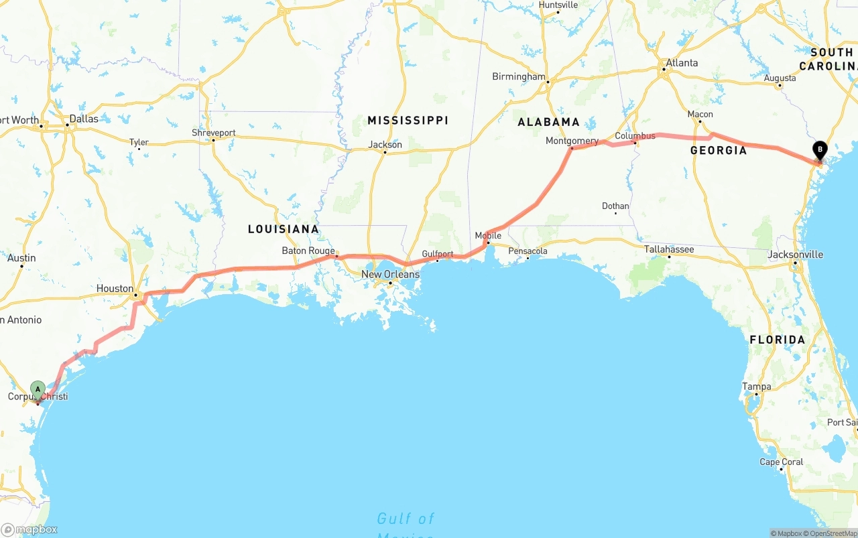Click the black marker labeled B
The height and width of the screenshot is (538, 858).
(x=819, y=150)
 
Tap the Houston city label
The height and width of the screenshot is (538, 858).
(x=115, y=289)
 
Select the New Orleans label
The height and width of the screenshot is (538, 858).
(x=390, y=275)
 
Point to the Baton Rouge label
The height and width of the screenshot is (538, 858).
(x=308, y=251)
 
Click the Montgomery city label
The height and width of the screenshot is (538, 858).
(x=572, y=141)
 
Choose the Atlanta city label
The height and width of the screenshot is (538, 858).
(x=681, y=63)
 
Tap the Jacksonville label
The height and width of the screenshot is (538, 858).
(x=795, y=255)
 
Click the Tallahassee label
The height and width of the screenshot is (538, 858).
(x=669, y=249)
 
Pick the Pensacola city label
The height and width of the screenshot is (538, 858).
(x=528, y=251)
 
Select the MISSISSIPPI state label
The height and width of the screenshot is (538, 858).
(x=408, y=121)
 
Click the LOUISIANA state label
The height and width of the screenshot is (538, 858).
(x=283, y=229)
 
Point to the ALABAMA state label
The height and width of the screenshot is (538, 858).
(x=548, y=122)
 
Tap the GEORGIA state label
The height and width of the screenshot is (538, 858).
(x=719, y=151)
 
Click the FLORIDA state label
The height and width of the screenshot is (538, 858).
(x=777, y=340)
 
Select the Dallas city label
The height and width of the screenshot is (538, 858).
(x=83, y=119)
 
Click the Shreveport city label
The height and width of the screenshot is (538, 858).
(x=213, y=133)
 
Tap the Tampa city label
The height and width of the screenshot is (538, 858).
(x=756, y=387)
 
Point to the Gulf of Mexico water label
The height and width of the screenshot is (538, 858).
(x=406, y=519)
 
